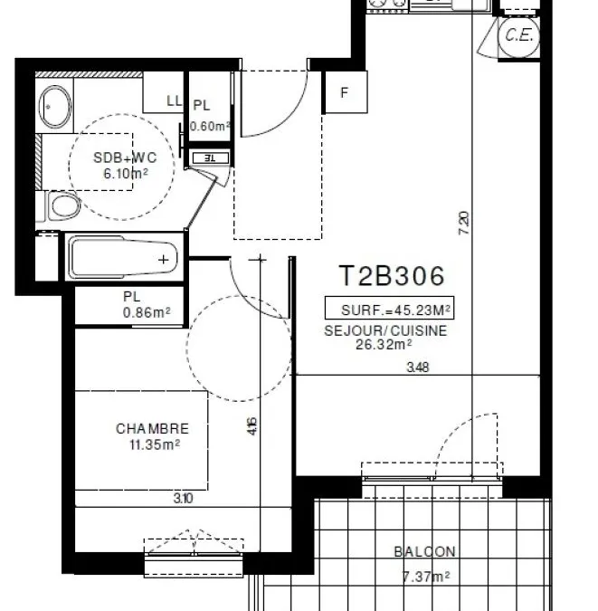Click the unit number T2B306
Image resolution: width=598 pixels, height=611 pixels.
point(391,275)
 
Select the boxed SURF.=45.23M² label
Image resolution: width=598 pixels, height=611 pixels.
point(390,308)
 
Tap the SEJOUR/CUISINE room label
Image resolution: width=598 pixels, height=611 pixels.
point(385,330)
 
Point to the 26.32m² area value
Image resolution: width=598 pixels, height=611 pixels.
point(384,345)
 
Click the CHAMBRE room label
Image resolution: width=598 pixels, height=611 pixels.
point(152,429)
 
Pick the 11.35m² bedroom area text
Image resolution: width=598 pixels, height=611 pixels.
point(155,444)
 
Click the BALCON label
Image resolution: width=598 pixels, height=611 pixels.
point(424,552)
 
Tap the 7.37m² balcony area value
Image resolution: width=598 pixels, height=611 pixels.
point(426,577)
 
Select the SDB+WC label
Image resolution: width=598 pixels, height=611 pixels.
point(125,158)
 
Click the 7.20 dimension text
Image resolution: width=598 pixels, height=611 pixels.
point(464,223)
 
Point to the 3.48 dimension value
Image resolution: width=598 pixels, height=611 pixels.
point(418,368)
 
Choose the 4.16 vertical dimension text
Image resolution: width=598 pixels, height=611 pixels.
point(252,426)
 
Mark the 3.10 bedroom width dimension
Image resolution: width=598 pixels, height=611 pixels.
point(183,499)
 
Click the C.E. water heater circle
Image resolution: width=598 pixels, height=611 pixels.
point(519,35)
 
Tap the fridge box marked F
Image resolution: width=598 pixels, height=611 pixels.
point(346,92)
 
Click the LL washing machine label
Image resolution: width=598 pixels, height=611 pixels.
point(174,100)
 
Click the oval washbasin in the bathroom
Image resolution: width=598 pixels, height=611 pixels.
point(55,107)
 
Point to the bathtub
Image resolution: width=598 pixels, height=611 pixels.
point(124,256)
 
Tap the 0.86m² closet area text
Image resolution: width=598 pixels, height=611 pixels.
point(147,312)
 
